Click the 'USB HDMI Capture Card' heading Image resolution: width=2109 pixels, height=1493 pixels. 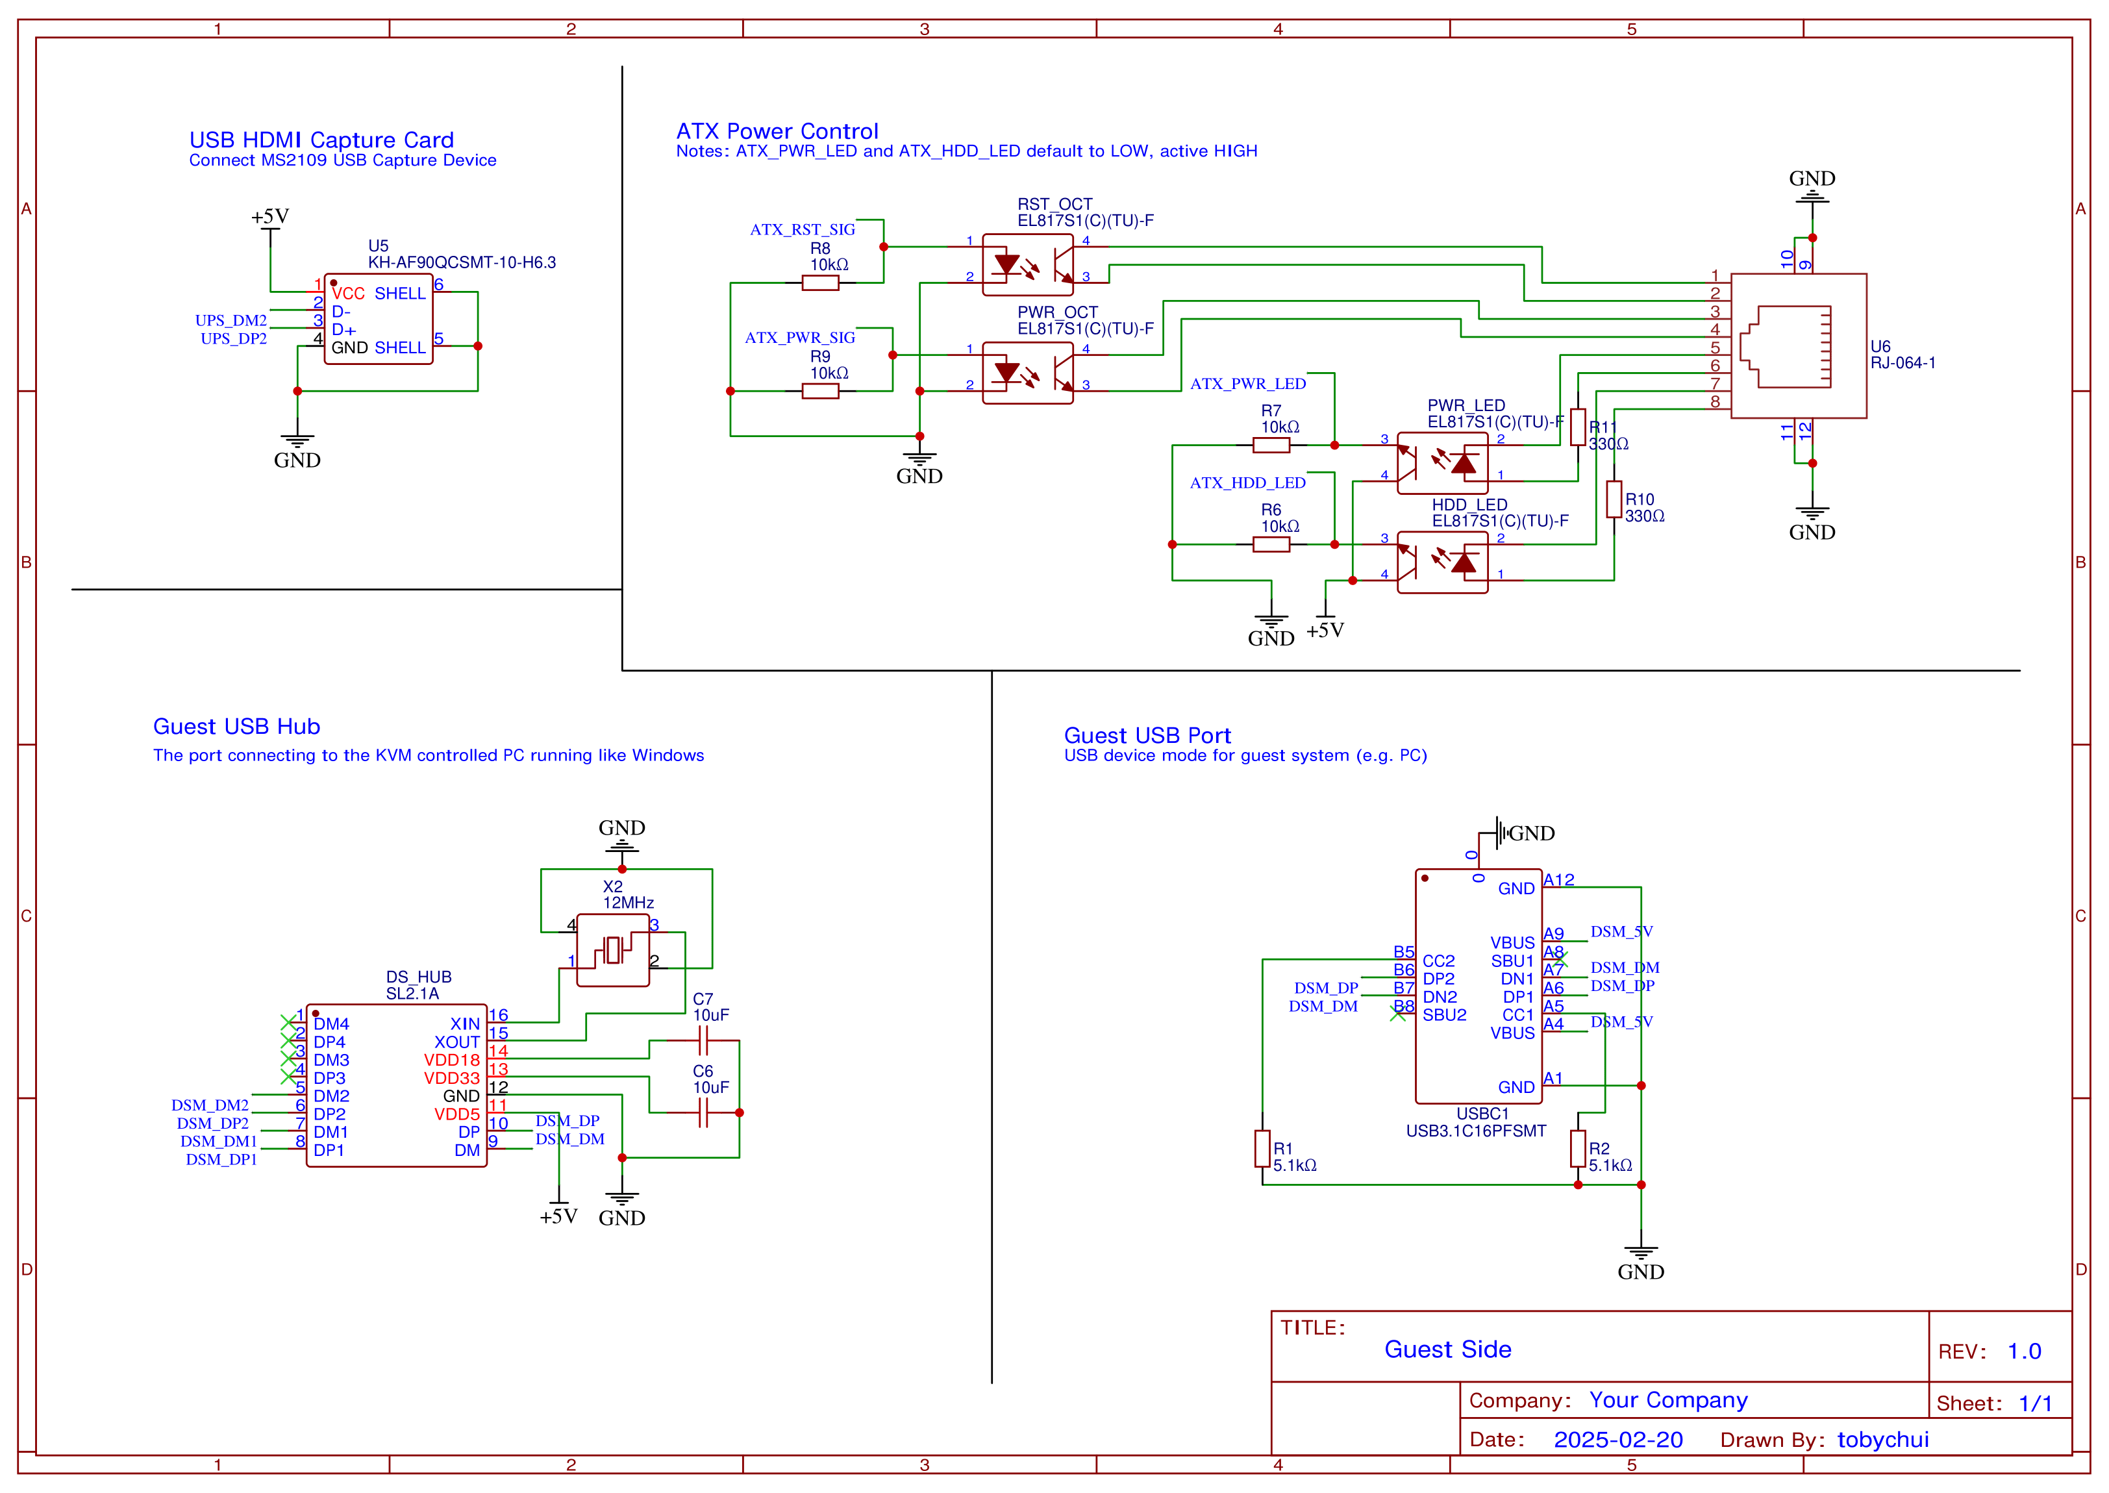[x=321, y=140]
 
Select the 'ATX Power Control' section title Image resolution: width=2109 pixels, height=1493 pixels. [x=777, y=131]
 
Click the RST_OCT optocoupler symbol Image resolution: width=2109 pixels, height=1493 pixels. [x=1027, y=265]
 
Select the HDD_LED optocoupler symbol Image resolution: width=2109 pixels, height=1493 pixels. [x=1442, y=562]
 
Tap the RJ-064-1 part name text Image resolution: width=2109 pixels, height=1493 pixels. [x=1903, y=363]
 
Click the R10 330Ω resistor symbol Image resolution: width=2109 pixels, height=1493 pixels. [x=1614, y=499]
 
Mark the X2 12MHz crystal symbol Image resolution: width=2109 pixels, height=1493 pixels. [x=613, y=949]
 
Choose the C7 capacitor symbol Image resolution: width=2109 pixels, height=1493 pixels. [x=703, y=1041]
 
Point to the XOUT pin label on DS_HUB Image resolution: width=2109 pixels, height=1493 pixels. [x=456, y=1042]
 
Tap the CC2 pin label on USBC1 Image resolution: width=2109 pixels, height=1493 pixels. [x=1438, y=960]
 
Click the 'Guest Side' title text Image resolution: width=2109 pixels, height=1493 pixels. [x=1447, y=1349]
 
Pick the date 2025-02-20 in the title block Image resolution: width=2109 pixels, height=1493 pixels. [x=1617, y=1440]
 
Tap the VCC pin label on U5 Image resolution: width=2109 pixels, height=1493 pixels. [x=348, y=294]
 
